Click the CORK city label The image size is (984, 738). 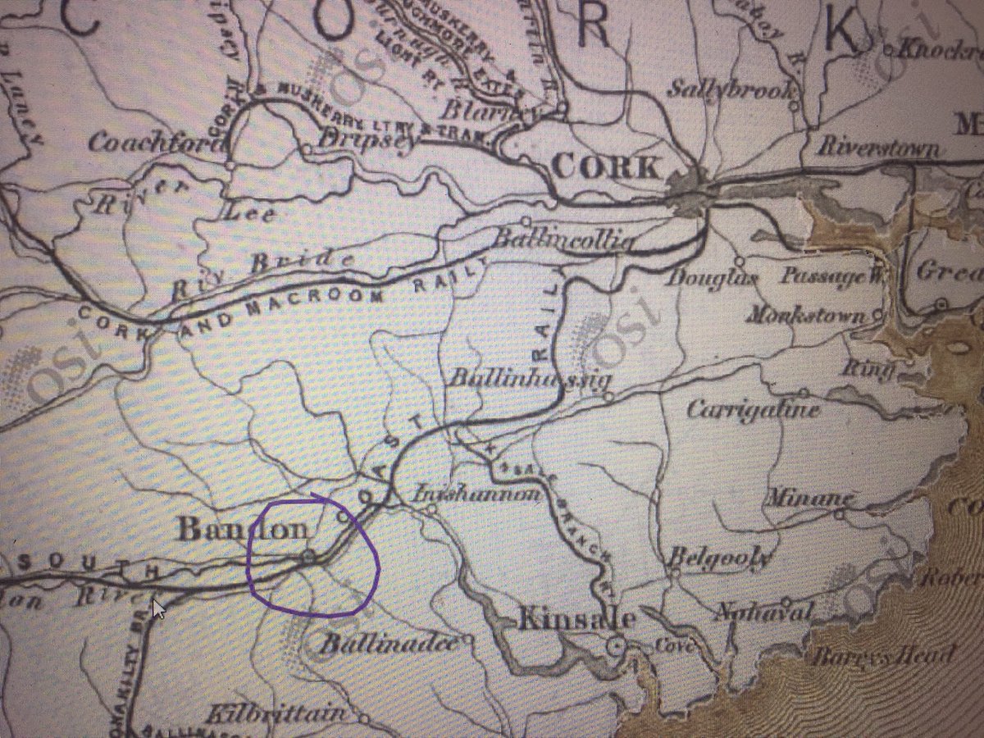click(x=606, y=168)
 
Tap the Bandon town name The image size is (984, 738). click(x=244, y=529)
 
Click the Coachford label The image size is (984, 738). click(x=155, y=143)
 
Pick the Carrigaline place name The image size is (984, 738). click(x=753, y=409)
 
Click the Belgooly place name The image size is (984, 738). click(x=720, y=558)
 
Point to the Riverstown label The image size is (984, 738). click(x=878, y=148)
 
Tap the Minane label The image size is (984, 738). click(x=809, y=497)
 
